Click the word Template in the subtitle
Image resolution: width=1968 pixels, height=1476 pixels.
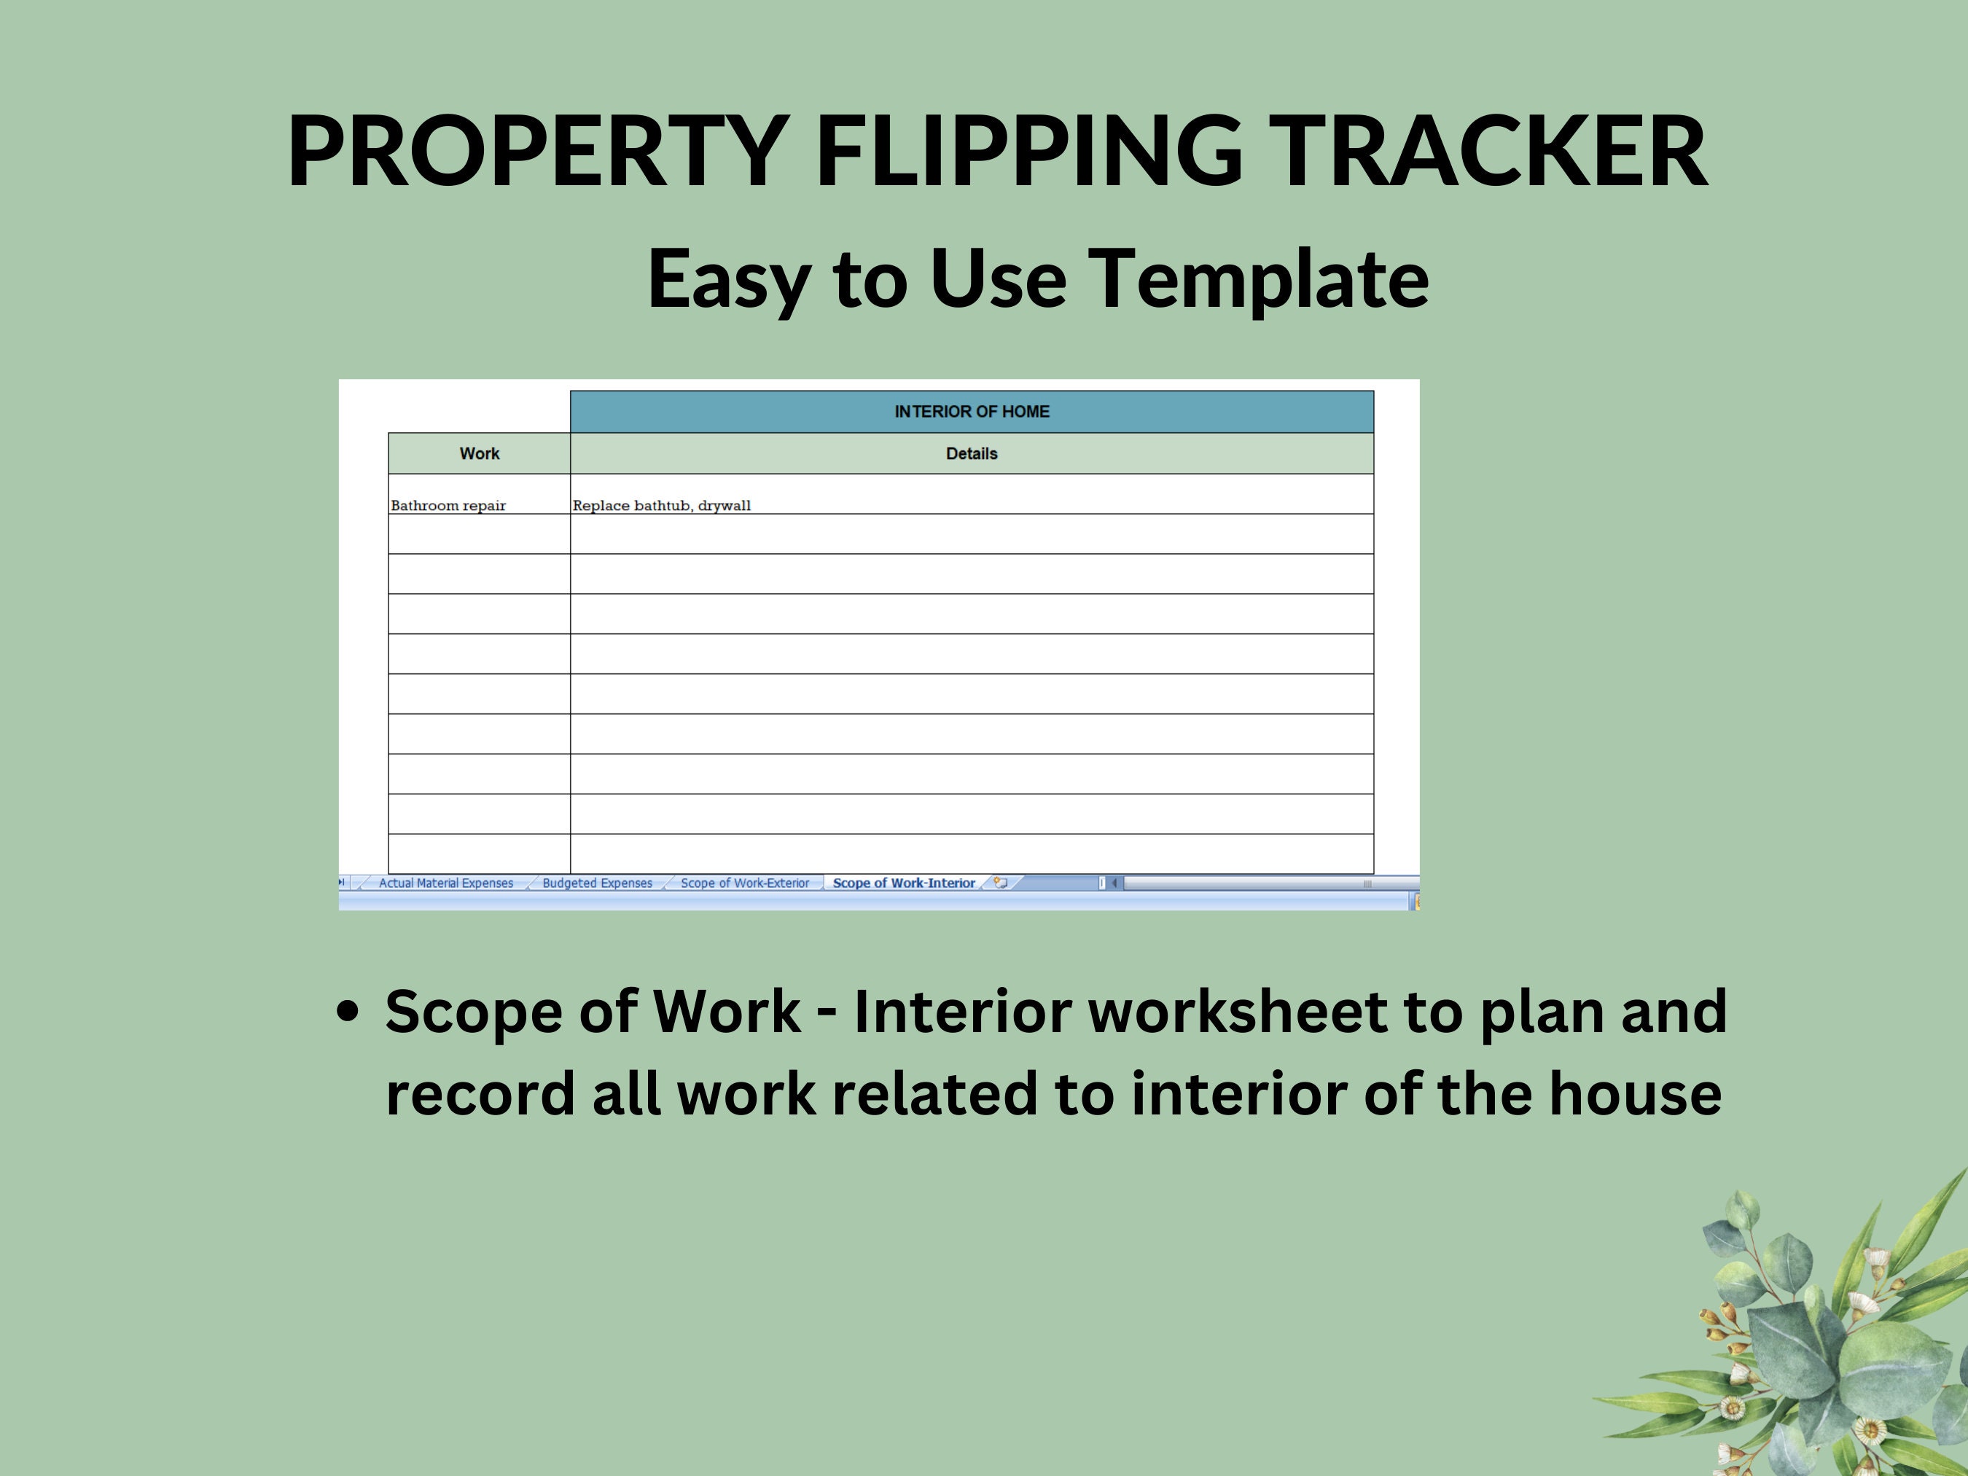1259,278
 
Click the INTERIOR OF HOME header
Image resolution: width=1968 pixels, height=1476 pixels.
972,412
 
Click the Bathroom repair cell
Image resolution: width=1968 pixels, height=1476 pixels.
448,505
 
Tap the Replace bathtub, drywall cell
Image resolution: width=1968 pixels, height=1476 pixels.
662,505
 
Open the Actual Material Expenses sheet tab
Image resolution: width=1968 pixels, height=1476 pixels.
446,883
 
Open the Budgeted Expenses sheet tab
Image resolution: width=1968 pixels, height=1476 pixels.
597,883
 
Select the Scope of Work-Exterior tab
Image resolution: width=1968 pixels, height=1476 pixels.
745,883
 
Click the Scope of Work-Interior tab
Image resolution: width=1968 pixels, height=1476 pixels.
904,883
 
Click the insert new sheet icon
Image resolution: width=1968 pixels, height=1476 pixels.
1001,883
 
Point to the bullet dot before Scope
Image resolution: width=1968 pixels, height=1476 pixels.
348,1012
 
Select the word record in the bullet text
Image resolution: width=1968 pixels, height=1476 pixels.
480,1093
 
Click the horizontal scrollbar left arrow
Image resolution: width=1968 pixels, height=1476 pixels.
1114,883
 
